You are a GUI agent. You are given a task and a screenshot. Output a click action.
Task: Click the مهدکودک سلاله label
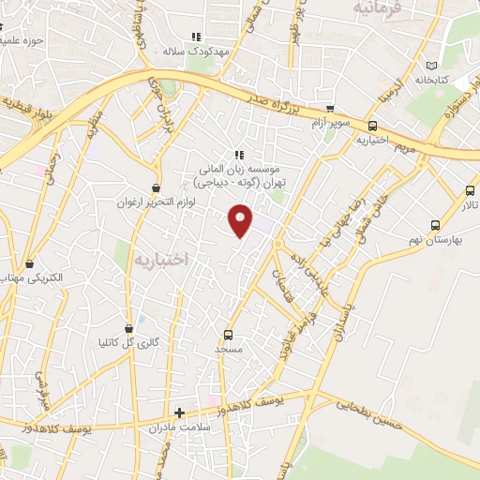196,52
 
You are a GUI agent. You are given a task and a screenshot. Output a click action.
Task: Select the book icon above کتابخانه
432,66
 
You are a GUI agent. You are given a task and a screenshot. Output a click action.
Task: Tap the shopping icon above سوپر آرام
330,109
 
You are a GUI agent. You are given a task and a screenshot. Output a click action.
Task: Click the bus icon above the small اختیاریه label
373,126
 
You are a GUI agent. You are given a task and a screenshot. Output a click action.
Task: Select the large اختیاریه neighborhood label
160,257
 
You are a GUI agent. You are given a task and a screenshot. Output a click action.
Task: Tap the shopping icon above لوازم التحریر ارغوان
156,187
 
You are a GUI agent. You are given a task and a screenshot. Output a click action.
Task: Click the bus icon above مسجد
228,334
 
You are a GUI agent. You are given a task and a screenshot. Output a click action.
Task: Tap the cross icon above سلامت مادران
179,412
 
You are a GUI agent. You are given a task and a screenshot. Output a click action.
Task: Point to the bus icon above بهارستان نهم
434,225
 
